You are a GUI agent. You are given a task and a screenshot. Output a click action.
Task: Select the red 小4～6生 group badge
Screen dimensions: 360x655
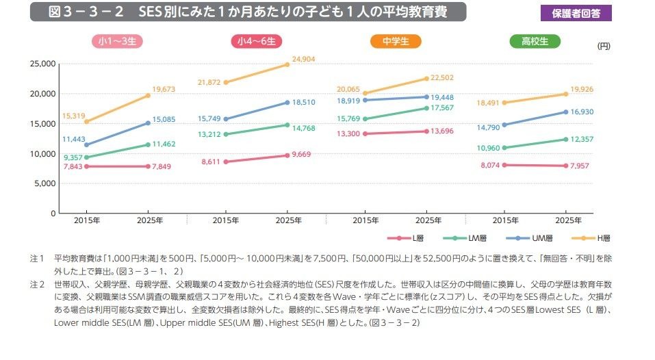(256, 42)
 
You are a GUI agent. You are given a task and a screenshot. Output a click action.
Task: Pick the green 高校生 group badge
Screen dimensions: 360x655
(535, 42)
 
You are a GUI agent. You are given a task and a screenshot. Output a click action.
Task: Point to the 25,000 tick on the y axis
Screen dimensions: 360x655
(42, 64)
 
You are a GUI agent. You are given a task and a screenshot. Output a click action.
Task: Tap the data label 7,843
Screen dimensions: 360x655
(73, 166)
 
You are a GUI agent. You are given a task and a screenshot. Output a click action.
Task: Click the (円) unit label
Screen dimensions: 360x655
(603, 47)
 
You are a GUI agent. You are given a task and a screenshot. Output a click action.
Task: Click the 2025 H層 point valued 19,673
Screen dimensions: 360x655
(149, 96)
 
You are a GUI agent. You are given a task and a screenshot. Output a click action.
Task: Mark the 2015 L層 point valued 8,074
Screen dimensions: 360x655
(504, 165)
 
